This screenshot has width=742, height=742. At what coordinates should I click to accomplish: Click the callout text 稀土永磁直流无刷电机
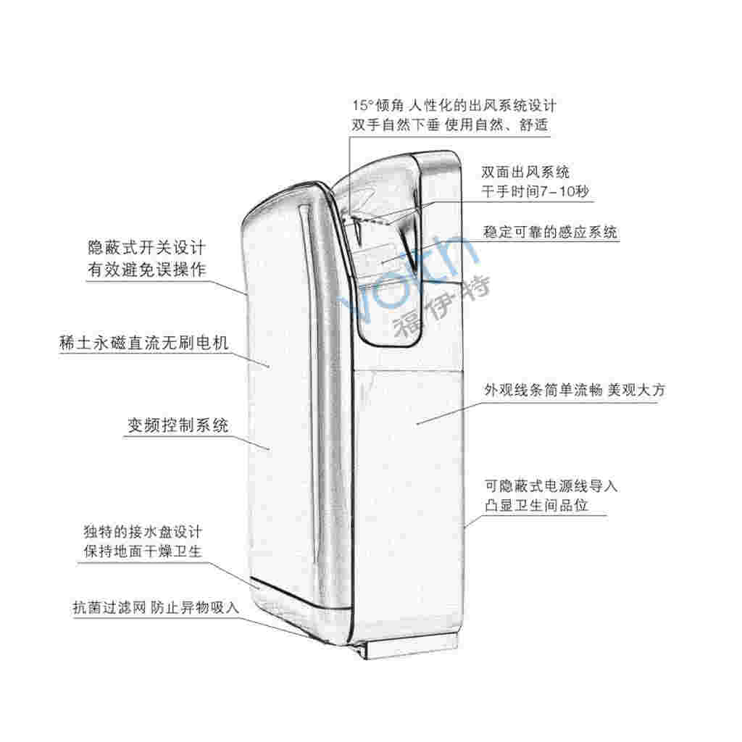144,343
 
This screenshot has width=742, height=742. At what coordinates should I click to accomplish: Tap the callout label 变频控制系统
178,425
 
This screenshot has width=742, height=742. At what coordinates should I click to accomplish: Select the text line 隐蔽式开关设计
146,248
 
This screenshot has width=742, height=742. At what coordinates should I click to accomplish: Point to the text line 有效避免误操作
146,270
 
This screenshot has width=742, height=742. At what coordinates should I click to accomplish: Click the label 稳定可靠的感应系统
550,232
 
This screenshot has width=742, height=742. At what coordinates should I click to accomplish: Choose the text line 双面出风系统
525,172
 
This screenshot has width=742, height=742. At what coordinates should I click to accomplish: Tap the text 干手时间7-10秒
535,191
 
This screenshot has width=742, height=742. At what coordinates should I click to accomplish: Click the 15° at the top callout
362,105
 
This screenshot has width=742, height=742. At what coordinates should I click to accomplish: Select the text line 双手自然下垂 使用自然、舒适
449,125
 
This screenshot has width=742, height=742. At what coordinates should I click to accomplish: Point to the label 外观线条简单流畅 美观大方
575,390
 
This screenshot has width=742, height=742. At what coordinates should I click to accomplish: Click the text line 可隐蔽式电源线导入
551,485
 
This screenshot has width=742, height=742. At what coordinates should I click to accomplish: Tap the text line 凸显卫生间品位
535,505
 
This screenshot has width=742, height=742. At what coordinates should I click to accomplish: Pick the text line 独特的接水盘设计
143,531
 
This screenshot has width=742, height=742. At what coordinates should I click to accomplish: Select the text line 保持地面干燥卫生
143,551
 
